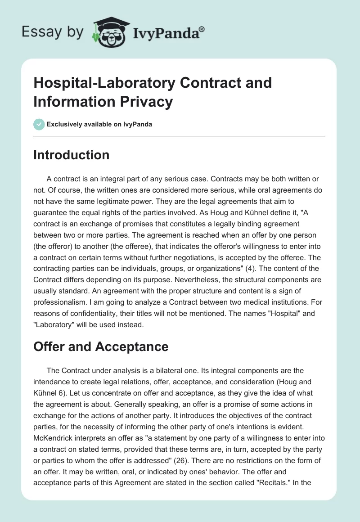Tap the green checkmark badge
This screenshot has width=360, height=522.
click(40, 124)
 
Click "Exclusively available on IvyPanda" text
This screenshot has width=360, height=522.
click(99, 124)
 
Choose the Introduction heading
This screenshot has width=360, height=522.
click(72, 155)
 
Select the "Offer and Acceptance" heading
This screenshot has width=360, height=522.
click(101, 346)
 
